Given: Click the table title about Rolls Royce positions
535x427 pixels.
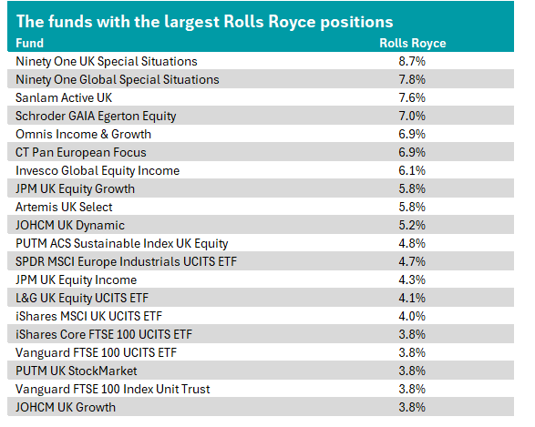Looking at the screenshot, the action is pyautogui.click(x=204, y=22).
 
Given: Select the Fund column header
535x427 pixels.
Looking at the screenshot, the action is pyautogui.click(x=30, y=44).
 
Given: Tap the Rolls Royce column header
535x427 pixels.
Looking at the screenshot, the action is pyautogui.click(x=413, y=44).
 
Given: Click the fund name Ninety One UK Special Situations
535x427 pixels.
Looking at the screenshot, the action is pyautogui.click(x=107, y=62).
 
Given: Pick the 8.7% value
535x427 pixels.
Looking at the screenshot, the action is pyautogui.click(x=412, y=61).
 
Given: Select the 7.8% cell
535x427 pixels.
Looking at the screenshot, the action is pyautogui.click(x=412, y=79).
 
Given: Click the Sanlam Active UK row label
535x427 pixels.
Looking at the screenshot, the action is pyautogui.click(x=64, y=97).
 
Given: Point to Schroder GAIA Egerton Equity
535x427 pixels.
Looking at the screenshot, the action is pyautogui.click(x=96, y=117).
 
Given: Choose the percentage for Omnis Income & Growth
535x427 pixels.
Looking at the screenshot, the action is pyautogui.click(x=412, y=134).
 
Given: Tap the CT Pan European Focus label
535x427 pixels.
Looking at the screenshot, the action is pyautogui.click(x=81, y=152).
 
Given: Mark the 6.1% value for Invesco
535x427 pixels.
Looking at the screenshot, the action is pyautogui.click(x=412, y=170).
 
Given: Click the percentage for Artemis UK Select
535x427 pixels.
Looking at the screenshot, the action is pyautogui.click(x=412, y=207).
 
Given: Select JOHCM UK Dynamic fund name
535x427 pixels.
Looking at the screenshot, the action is pyautogui.click(x=70, y=225).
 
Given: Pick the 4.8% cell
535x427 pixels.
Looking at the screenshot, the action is pyautogui.click(x=412, y=243).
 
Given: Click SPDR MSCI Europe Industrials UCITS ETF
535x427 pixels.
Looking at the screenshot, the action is pyautogui.click(x=126, y=261).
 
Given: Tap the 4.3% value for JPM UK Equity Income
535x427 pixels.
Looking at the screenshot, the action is pyautogui.click(x=412, y=280).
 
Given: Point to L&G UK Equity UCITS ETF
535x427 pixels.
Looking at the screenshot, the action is pyautogui.click(x=82, y=299).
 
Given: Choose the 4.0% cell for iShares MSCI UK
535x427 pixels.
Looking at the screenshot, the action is pyautogui.click(x=412, y=316).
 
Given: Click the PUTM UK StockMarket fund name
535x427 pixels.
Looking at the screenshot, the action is pyautogui.click(x=76, y=371).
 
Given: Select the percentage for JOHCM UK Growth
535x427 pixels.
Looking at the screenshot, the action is pyautogui.click(x=412, y=407).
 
